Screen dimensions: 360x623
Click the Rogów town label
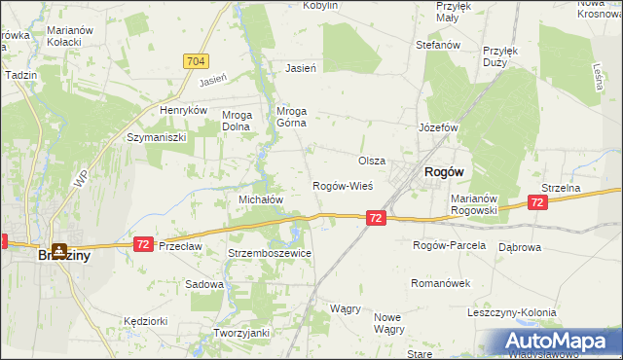[x=443, y=171]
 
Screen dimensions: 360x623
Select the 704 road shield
[x=195, y=61]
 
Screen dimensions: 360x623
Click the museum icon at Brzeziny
[x=60, y=250]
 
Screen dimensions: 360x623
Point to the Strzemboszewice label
[x=269, y=253]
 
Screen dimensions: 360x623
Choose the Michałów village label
[x=261, y=198]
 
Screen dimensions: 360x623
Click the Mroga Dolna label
[x=238, y=120]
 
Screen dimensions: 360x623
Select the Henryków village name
[x=185, y=111]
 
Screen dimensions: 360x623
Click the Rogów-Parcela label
[x=449, y=245]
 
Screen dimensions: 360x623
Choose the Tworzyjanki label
[x=241, y=333]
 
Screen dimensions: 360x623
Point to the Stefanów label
[x=437, y=45]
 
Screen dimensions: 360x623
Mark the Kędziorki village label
[x=146, y=320]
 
